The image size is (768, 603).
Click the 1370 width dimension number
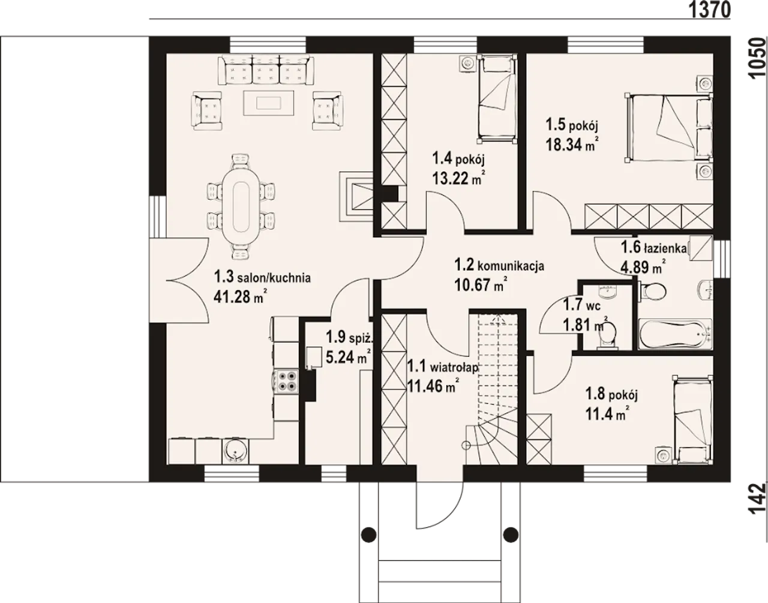(x=709, y=10)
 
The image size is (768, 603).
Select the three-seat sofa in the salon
(x=266, y=70)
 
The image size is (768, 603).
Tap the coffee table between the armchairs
(x=269, y=103)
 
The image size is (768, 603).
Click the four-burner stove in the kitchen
(x=287, y=381)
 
